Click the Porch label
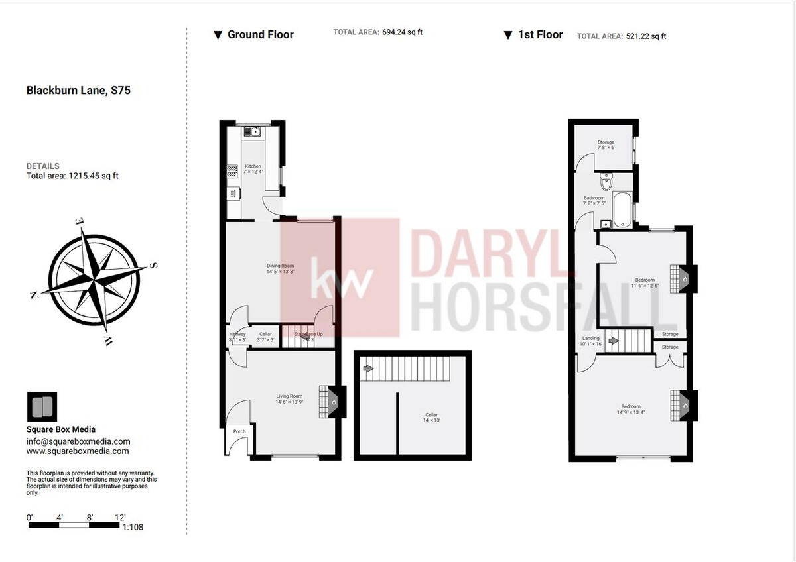(x=239, y=431)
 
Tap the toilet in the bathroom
(x=606, y=182)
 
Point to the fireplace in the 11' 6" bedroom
(x=683, y=279)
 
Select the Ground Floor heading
(x=260, y=34)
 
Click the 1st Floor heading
(x=540, y=34)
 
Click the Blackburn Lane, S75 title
(x=78, y=91)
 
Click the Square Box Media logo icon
(x=42, y=407)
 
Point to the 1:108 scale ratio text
(x=133, y=528)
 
